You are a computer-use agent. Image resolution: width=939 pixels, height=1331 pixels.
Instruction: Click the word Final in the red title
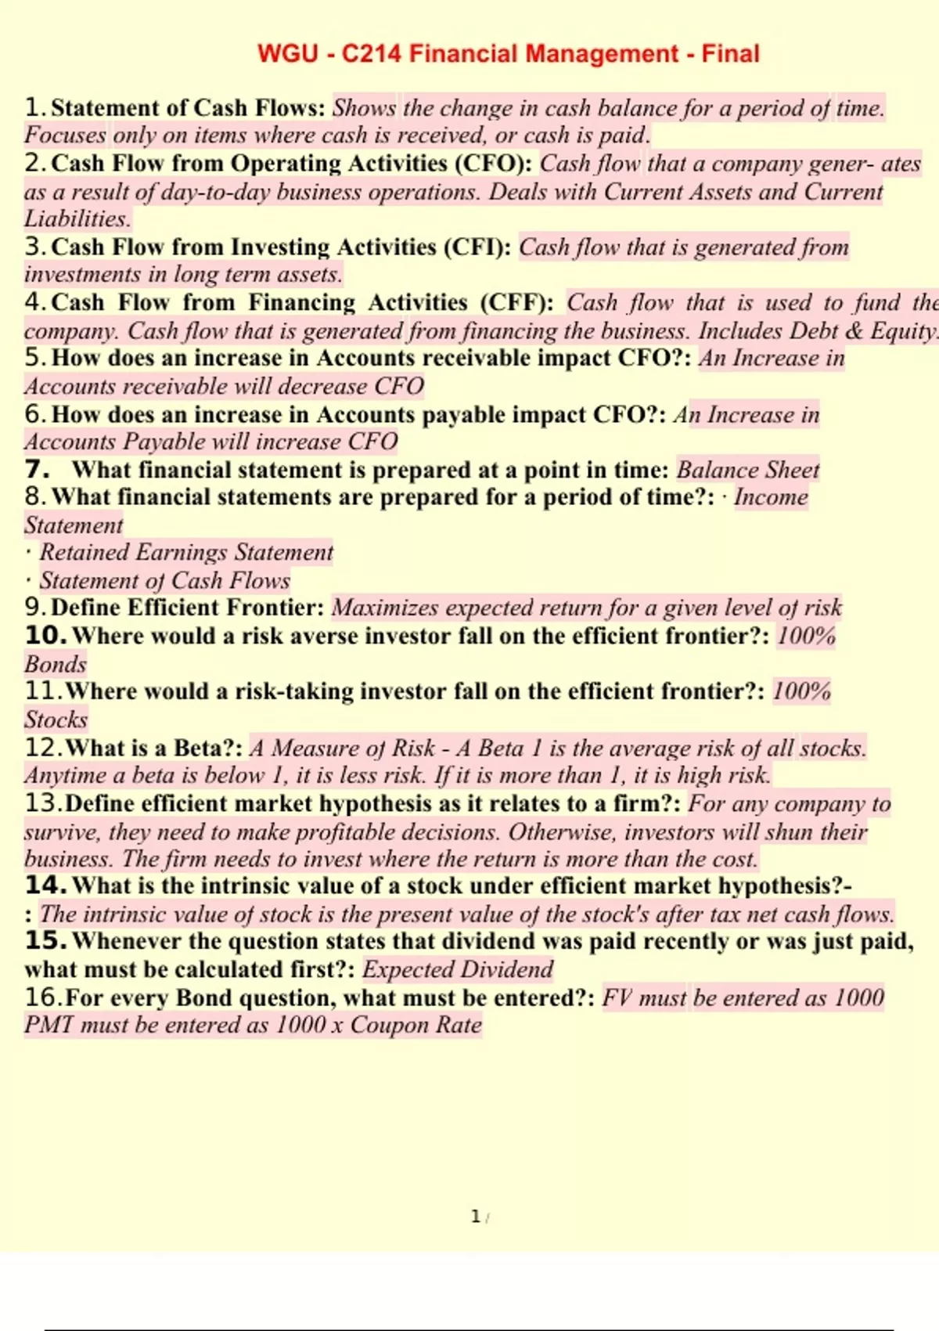click(730, 54)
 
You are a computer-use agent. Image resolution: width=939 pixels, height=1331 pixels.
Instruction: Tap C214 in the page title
click(372, 54)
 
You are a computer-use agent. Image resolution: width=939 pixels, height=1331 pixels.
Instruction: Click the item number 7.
click(37, 470)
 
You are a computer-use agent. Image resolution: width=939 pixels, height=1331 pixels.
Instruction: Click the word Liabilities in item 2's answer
click(77, 219)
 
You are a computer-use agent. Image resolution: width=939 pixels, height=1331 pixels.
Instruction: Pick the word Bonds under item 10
click(55, 664)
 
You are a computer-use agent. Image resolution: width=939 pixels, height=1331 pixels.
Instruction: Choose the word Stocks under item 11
click(56, 720)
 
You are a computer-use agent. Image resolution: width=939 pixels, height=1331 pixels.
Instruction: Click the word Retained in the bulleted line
click(85, 553)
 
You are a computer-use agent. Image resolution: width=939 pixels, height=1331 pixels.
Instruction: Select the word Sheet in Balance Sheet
click(792, 470)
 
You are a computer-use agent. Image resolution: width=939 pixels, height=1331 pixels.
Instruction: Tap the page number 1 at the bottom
click(475, 1216)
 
